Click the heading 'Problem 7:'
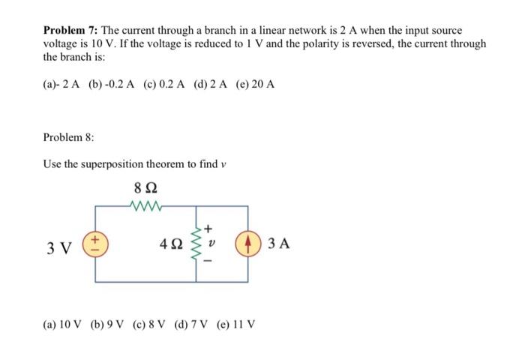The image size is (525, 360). (x=70, y=30)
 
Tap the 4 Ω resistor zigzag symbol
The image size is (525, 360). (x=196, y=244)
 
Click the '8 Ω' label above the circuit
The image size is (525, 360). (x=145, y=187)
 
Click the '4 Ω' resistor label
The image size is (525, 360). (x=172, y=244)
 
